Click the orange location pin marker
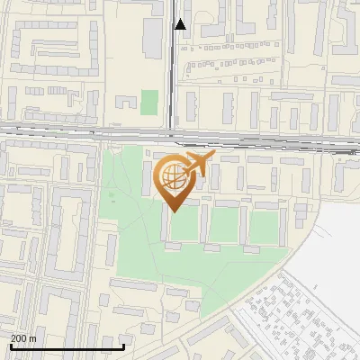[174, 180]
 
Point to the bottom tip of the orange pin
[174, 211]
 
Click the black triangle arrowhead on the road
[181, 24]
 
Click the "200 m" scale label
[23, 338]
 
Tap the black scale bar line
[67, 346]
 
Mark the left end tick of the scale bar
[11, 346]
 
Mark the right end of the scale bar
[123, 346]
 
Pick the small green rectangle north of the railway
[149, 103]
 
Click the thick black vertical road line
[172, 72]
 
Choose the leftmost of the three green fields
[184, 227]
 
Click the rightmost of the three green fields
[264, 228]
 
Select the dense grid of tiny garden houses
[297, 310]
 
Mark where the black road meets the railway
[172, 135]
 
